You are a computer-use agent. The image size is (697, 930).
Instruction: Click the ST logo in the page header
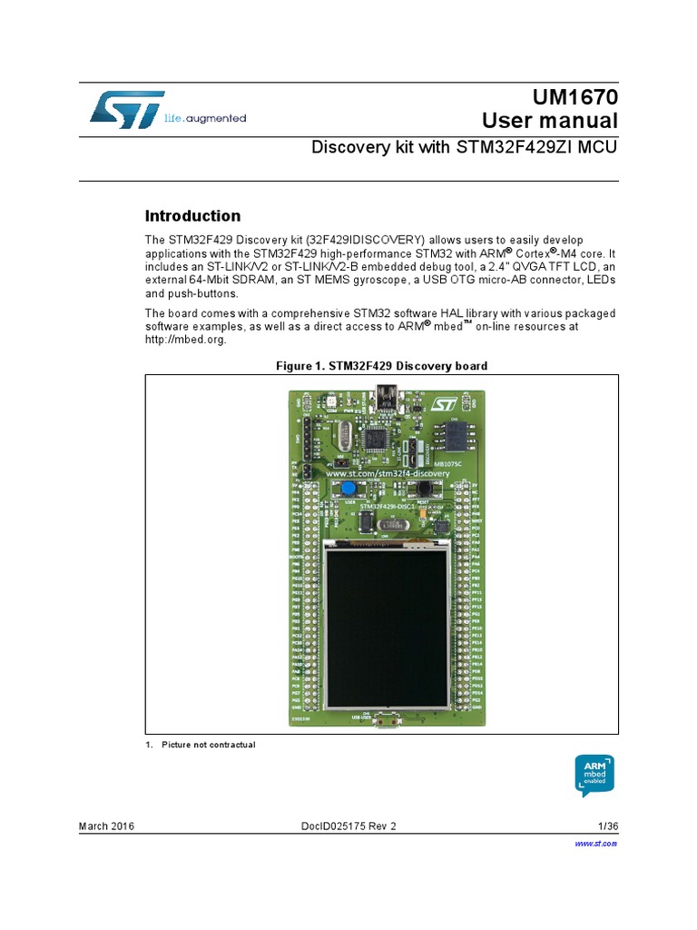pos(126,109)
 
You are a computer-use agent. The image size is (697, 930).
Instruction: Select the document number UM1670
pos(575,97)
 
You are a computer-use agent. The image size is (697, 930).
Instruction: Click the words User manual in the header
pos(549,121)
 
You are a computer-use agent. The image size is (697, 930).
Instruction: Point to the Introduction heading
pos(193,216)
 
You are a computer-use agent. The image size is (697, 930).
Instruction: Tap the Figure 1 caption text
pos(381,366)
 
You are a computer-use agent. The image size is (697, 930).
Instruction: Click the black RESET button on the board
pos(422,488)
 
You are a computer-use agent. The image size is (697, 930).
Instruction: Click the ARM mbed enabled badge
pos(594,774)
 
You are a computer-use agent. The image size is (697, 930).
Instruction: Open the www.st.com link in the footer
pos(596,844)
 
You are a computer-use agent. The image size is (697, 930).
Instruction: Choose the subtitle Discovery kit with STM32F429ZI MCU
pos(464,147)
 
